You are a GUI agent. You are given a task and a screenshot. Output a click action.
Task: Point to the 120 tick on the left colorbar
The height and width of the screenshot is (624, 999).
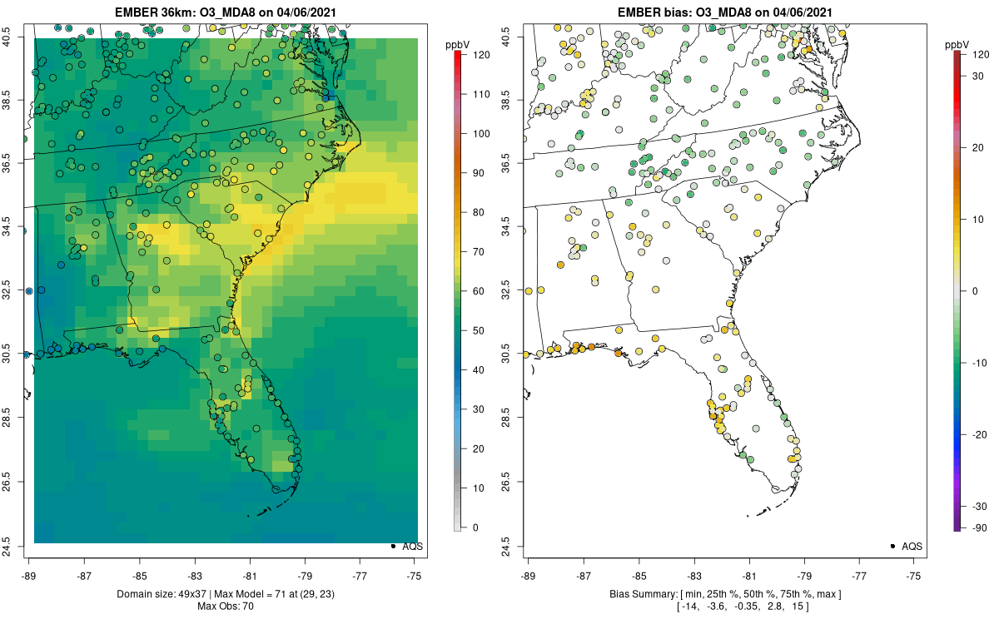coord(465,55)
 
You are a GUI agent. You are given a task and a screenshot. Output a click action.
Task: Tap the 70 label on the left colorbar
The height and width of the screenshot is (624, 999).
coord(478,252)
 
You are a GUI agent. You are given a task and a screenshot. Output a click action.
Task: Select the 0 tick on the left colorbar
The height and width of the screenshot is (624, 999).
coord(465,527)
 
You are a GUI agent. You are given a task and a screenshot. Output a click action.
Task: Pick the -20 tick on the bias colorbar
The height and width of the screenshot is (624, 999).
coord(964,434)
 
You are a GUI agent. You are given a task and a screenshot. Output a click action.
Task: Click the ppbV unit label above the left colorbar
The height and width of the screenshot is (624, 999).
coord(458,45)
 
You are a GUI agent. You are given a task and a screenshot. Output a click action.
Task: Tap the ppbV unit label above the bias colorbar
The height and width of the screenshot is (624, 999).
coord(957,45)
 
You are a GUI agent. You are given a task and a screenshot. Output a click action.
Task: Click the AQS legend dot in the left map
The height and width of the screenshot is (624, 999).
coord(393,546)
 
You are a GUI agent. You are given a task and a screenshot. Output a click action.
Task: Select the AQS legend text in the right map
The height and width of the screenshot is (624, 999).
coord(912,547)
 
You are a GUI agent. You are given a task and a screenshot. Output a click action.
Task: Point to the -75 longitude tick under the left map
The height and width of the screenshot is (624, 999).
coord(415,560)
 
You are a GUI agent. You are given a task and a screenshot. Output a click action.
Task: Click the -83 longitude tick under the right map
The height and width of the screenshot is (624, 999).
coord(694,560)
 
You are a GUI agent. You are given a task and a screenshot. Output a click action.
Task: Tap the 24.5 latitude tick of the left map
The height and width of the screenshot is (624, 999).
coord(21,547)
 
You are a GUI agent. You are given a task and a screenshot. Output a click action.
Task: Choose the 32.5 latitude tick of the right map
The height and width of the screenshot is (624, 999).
coord(520,290)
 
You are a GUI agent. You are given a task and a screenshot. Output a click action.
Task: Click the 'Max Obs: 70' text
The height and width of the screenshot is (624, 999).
coord(226,607)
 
